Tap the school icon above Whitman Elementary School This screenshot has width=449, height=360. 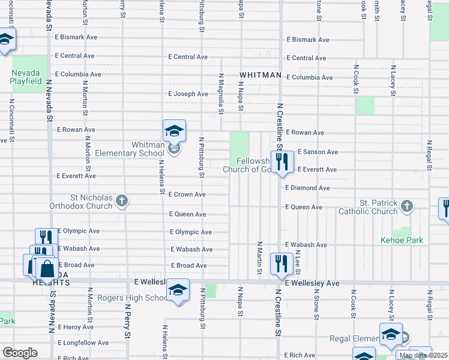(x=174, y=131)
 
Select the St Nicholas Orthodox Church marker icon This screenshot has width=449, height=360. (x=122, y=201)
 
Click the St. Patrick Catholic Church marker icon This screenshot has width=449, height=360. (x=408, y=206)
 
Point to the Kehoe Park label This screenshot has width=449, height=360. (x=402, y=241)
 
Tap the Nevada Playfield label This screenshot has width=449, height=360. (x=26, y=77)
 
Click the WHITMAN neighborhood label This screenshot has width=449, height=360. (x=261, y=75)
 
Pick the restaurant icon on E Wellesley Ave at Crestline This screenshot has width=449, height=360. (x=281, y=263)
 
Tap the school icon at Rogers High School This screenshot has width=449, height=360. (x=177, y=290)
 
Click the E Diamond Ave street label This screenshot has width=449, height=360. (x=308, y=188)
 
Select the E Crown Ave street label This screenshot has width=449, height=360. (x=187, y=194)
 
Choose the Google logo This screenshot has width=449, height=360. (x=19, y=353)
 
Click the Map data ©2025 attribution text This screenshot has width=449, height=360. (x=423, y=355)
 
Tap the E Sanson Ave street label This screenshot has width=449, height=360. (x=318, y=152)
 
